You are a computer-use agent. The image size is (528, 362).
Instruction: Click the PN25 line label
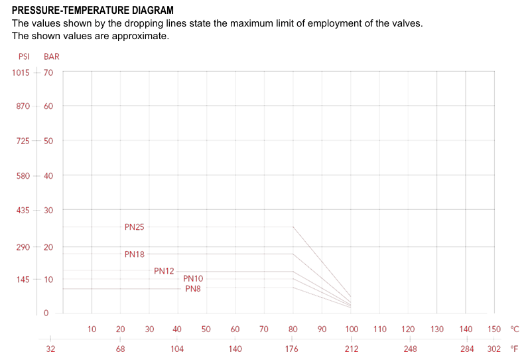[134, 227]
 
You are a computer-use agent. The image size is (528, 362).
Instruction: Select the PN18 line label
[134, 254]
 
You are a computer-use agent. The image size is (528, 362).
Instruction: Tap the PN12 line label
[164, 271]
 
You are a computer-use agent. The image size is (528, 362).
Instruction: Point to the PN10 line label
[193, 279]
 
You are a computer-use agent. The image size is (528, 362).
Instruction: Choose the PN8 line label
[193, 289]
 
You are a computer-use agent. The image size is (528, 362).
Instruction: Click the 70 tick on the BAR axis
[48, 72]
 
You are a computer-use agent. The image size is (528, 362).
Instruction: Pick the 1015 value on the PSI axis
[21, 72]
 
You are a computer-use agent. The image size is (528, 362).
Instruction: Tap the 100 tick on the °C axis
[351, 329]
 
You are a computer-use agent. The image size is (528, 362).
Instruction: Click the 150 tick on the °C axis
[494, 329]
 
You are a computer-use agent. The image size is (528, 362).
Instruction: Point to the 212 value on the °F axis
[351, 349]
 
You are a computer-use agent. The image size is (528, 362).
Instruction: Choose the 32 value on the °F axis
[50, 349]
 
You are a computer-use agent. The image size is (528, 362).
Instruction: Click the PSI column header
[24, 56]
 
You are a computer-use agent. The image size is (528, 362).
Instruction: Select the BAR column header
[52, 56]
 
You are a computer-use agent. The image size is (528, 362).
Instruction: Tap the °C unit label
[515, 329]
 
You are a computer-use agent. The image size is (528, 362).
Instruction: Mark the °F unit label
[515, 349]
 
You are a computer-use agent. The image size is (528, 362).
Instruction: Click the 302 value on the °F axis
[494, 349]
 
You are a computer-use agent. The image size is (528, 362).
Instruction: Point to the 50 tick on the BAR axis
[48, 141]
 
